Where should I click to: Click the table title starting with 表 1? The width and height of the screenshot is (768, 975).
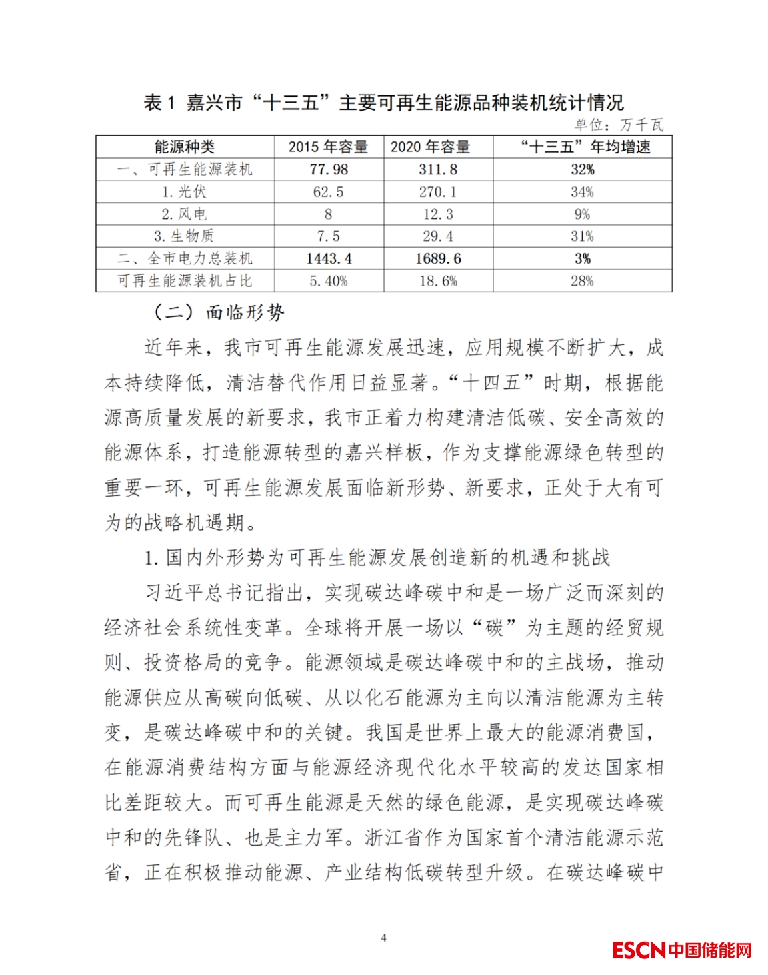pyautogui.click(x=383, y=103)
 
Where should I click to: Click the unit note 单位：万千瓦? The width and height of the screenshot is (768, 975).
pyautogui.click(x=619, y=125)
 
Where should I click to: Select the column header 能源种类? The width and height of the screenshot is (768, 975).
pyautogui.click(x=185, y=147)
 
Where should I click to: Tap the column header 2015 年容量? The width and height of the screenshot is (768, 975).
pyautogui.click(x=328, y=147)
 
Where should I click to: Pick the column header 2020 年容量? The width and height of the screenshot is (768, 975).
pyautogui.click(x=431, y=147)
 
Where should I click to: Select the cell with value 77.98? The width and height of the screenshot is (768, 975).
pyautogui.click(x=328, y=170)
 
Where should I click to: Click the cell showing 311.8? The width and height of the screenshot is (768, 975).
pyautogui.click(x=438, y=170)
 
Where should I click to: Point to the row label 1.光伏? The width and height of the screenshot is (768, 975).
pyautogui.click(x=185, y=192)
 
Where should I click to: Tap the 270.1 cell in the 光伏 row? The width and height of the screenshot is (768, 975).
pyautogui.click(x=438, y=192)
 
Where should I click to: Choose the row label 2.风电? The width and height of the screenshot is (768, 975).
pyautogui.click(x=185, y=214)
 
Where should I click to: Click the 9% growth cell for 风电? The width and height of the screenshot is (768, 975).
pyautogui.click(x=582, y=214)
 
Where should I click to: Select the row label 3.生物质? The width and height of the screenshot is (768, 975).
pyautogui.click(x=185, y=236)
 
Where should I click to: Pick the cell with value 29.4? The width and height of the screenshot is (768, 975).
pyautogui.click(x=438, y=236)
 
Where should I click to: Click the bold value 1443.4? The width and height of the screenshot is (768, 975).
pyautogui.click(x=328, y=259)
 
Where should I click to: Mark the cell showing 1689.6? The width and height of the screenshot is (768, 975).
pyautogui.click(x=438, y=259)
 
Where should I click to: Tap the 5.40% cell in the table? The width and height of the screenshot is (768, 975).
pyautogui.click(x=328, y=281)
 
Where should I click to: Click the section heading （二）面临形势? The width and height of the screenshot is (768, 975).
pyautogui.click(x=218, y=312)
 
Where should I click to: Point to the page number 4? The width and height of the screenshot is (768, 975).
pyautogui.click(x=383, y=938)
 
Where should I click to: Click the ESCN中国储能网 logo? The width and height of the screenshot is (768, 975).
pyautogui.click(x=681, y=950)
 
